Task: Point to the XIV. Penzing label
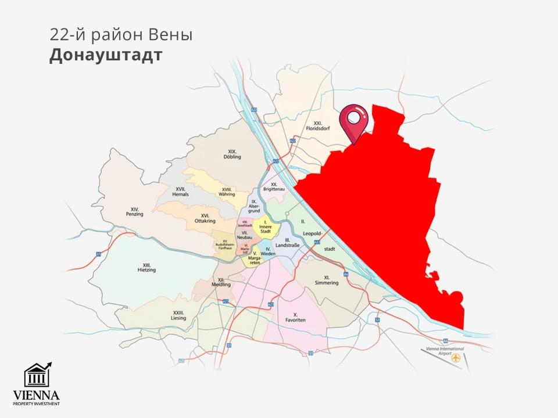pyautogui.click(x=134, y=212)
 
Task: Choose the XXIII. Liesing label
pyautogui.click(x=178, y=315)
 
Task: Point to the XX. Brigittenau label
pyautogui.click(x=273, y=187)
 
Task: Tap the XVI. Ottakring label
pyautogui.click(x=205, y=218)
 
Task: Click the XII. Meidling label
pyautogui.click(x=224, y=282)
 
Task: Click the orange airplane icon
pyautogui.click(x=457, y=359)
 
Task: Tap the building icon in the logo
pyautogui.click(x=36, y=376)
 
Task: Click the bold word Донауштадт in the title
pyautogui.click(x=105, y=55)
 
